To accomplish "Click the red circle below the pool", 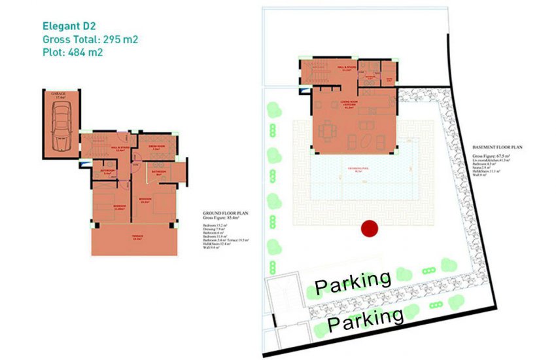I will click(x=370, y=228).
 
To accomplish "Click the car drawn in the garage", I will click(x=61, y=120).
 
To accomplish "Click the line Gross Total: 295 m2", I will click(x=90, y=40).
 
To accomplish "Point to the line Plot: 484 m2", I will click(x=72, y=53).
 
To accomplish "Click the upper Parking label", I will click(x=353, y=281).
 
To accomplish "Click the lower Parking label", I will click(x=366, y=319).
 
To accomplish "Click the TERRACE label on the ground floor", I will click(x=137, y=236).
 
